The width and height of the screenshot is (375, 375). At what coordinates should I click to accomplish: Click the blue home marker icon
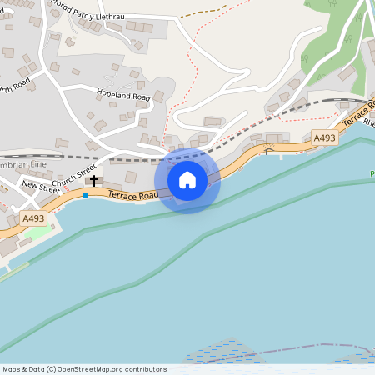187,180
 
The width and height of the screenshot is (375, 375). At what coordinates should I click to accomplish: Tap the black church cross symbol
94,180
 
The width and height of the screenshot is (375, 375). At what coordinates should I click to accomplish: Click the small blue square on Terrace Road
85,194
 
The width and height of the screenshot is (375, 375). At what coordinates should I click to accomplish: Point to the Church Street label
74,177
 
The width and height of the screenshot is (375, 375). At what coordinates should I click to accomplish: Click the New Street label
41,187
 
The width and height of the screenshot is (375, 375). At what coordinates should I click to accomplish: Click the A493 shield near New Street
34,218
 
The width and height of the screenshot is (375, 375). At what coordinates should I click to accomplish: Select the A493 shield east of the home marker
325,137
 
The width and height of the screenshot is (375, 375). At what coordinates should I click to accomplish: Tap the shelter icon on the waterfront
268,150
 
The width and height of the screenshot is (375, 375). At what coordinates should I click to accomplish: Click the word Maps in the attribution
12,369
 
